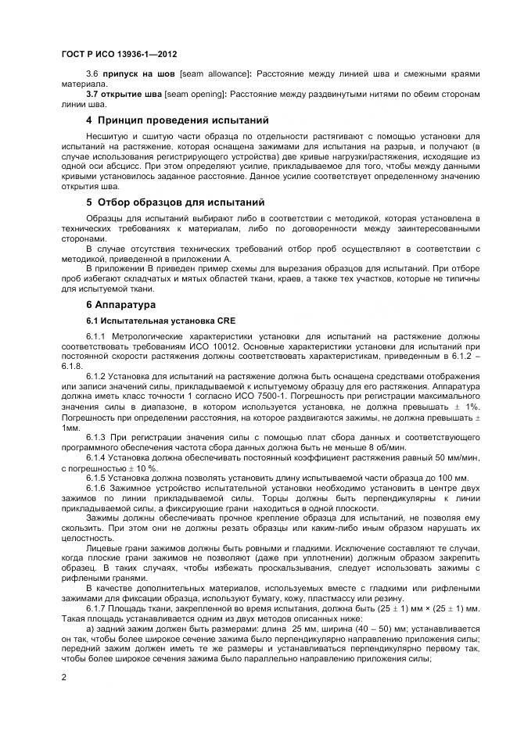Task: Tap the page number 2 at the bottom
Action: point(64,678)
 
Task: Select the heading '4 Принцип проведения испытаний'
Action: point(177,120)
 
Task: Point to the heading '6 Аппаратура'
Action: point(120,304)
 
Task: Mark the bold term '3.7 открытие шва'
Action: point(120,94)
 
